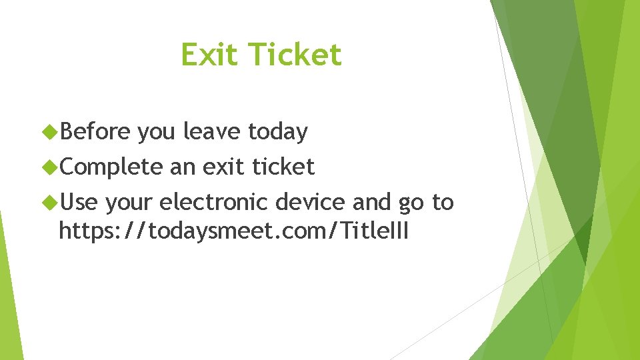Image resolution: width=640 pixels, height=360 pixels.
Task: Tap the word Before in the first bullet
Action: (x=95, y=132)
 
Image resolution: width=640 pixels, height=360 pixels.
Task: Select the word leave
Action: (x=213, y=132)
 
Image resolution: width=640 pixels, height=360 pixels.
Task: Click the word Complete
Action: (x=111, y=167)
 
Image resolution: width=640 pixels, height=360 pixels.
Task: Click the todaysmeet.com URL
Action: (x=233, y=231)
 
